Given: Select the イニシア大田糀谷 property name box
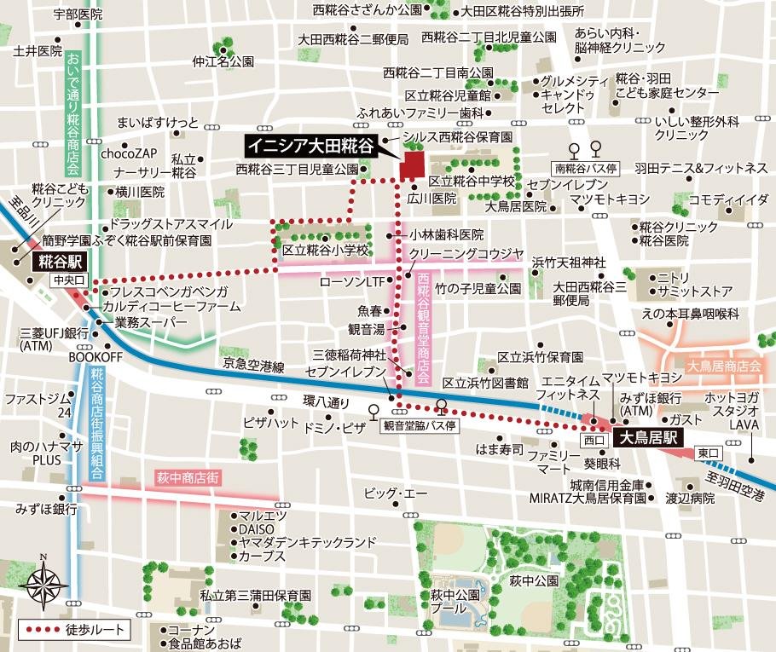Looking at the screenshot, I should pos(310,146).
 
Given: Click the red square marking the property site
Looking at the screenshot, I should pos(414,164).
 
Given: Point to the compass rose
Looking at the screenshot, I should pos(45,584).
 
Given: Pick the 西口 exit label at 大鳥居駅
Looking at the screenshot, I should pos(592,441).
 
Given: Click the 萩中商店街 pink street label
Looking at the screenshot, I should pos(186,479).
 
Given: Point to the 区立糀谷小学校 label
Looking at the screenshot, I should pos(325,251).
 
